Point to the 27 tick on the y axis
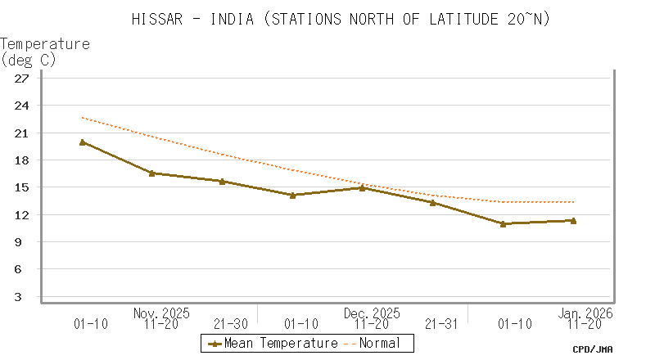[x=22, y=79]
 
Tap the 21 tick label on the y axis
[x=22, y=133]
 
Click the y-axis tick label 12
[x=22, y=214]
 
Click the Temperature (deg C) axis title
[x=45, y=52]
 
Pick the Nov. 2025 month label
[x=161, y=313]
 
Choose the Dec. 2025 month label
[x=372, y=313]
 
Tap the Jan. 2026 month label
[x=585, y=313]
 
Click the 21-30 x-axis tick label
[x=231, y=325]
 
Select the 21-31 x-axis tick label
[x=441, y=325]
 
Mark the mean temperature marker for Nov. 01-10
[x=83, y=142]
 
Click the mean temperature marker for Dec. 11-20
[x=363, y=187]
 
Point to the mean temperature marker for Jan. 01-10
[x=503, y=223]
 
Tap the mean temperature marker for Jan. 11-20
[x=573, y=220]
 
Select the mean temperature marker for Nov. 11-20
[x=152, y=173]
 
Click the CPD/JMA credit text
[x=592, y=349]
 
